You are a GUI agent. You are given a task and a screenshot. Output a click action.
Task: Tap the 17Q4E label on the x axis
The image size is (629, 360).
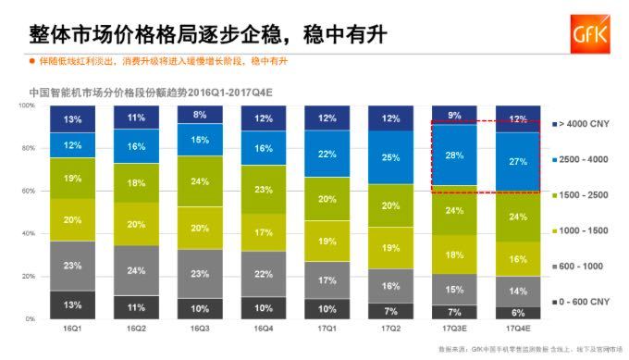tap(517, 329)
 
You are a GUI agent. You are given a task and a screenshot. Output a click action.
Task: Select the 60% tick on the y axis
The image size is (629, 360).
tap(28, 192)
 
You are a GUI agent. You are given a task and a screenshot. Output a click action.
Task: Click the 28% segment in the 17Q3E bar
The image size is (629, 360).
tap(454, 155)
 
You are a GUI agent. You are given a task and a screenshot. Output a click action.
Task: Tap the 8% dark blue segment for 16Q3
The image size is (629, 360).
tap(200, 115)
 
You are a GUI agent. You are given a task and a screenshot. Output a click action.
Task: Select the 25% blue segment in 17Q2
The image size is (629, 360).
tap(390, 157)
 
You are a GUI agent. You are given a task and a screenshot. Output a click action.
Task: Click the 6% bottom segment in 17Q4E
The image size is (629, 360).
tap(517, 313)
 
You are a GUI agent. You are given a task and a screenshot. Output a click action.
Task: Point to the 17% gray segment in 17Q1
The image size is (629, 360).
tap(327, 279)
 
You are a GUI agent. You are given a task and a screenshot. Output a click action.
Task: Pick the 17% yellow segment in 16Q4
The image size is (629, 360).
tap(264, 232)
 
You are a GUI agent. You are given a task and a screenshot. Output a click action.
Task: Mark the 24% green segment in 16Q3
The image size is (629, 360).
tap(200, 181)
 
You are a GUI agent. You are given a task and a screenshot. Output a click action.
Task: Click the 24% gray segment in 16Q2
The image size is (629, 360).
tap(136, 270)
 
